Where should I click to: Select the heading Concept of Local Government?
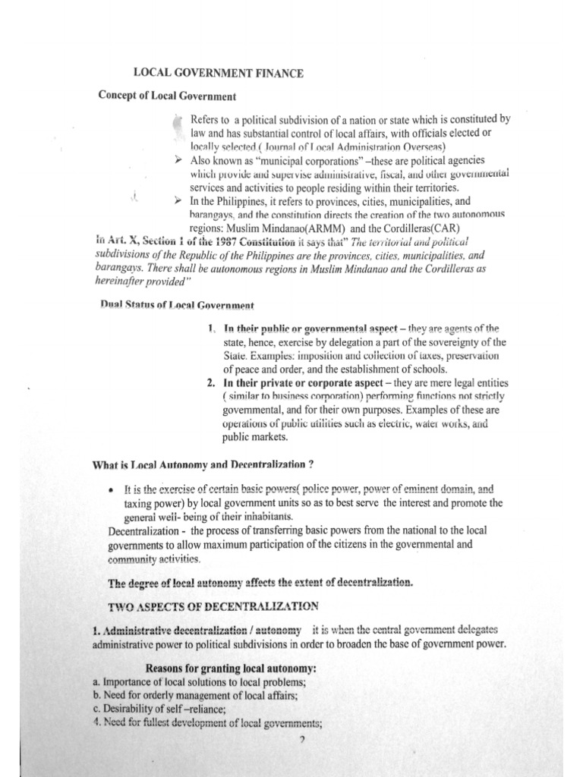167,96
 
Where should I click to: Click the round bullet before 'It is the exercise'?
112,490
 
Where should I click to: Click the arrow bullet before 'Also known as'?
177,161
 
